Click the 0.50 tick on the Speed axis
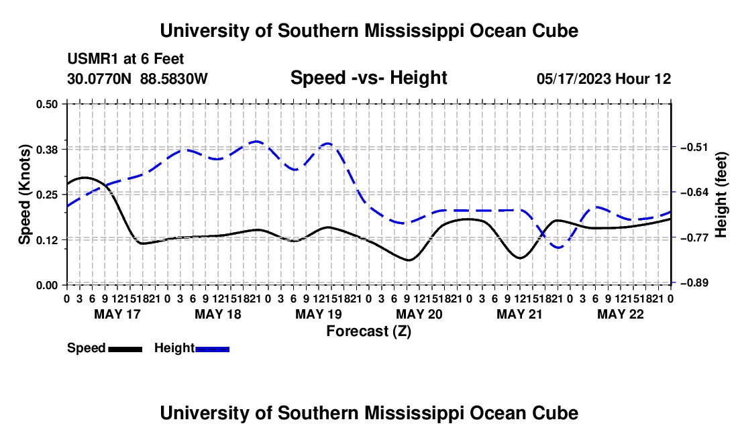tap(46, 104)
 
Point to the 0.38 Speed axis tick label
tap(46, 150)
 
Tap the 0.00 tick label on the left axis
tap(46, 285)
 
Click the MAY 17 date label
tap(117, 314)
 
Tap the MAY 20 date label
tap(419, 314)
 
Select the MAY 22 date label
tap(621, 314)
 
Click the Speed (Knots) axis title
tap(24, 195)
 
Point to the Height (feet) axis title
tap(721, 195)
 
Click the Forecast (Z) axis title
tap(369, 331)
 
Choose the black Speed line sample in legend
tap(125, 349)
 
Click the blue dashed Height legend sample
tap(212, 349)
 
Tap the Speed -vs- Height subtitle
tap(369, 78)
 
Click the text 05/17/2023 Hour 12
tap(604, 78)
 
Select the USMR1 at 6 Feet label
tap(125, 59)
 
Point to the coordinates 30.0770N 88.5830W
tap(138, 78)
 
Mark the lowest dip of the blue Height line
tap(559, 248)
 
